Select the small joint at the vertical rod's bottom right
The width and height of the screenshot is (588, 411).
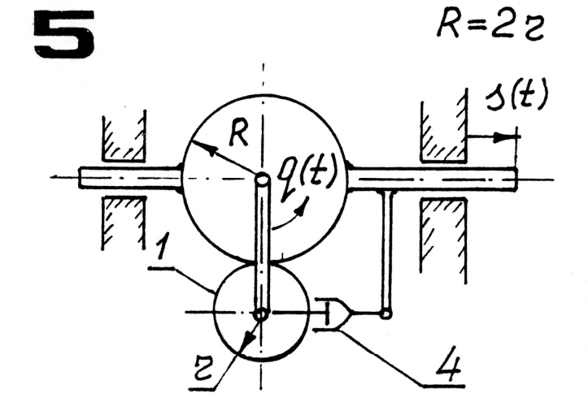pyautogui.click(x=387, y=313)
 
